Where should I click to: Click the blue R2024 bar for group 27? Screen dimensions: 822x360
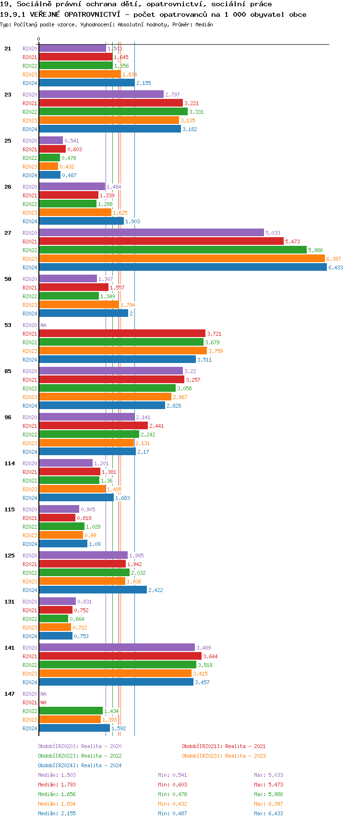[x=182, y=267]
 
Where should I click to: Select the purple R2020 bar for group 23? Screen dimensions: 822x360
[x=101, y=95]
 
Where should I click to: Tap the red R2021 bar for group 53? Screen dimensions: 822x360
[x=122, y=334]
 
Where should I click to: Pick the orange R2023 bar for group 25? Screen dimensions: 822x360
[x=48, y=167]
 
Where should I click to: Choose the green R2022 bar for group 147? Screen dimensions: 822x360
[x=71, y=711]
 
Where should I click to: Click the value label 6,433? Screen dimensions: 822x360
[x=336, y=267]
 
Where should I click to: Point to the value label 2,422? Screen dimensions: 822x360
[x=156, y=590]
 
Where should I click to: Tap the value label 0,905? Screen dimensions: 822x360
[x=88, y=509]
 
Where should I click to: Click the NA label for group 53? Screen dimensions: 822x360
[x=43, y=325]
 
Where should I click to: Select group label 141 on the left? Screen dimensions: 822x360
[x=10, y=648]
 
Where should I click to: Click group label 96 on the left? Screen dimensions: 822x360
[x=8, y=417]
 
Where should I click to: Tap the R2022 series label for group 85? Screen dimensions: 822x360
[x=30, y=388]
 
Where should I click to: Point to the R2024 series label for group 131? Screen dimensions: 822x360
[x=30, y=636]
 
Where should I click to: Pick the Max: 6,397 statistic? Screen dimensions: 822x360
[x=268, y=804]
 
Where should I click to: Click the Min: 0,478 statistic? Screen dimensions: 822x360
[x=172, y=794]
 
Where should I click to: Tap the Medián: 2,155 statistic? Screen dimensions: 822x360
[x=57, y=813]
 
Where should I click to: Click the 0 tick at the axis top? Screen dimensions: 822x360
[x=38, y=39]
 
